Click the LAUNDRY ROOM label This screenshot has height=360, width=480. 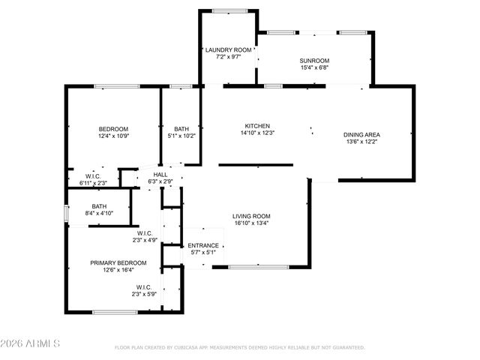click(x=228, y=49)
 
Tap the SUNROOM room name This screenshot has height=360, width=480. click(x=314, y=61)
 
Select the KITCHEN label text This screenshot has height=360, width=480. click(x=257, y=126)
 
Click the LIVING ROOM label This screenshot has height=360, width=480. click(x=250, y=216)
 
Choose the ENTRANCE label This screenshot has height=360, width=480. click(x=202, y=245)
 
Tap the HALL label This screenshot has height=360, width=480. click(x=161, y=174)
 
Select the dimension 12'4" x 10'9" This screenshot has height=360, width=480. click(x=113, y=136)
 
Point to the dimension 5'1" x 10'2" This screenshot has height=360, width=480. click(x=181, y=136)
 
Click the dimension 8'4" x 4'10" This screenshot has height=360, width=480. click(x=99, y=214)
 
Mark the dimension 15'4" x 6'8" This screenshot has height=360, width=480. click(x=314, y=68)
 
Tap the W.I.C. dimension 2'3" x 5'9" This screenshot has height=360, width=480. click(x=145, y=294)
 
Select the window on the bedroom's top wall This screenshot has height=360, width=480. click(x=115, y=86)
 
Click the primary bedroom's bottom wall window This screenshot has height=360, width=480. click(x=115, y=312)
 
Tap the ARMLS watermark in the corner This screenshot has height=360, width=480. click(x=30, y=344)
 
